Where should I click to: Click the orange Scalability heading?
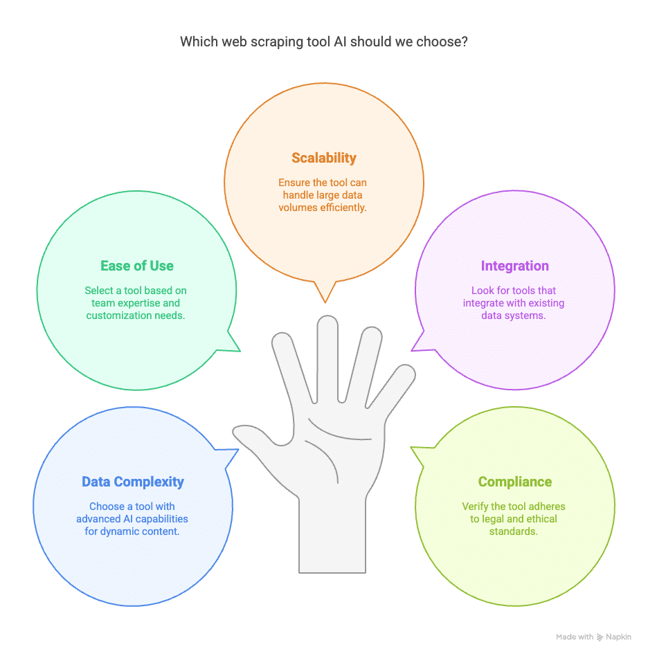[x=324, y=158]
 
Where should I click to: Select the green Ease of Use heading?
[x=137, y=266]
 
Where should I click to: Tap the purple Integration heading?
[x=514, y=266]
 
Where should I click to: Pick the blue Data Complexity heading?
[x=133, y=482]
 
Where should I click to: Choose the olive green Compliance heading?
[x=514, y=482]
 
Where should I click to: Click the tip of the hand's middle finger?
[x=327, y=325]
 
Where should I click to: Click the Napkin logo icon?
[x=600, y=637]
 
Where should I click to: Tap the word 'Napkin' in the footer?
[x=618, y=637]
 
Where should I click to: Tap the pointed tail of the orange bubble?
[x=324, y=298]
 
